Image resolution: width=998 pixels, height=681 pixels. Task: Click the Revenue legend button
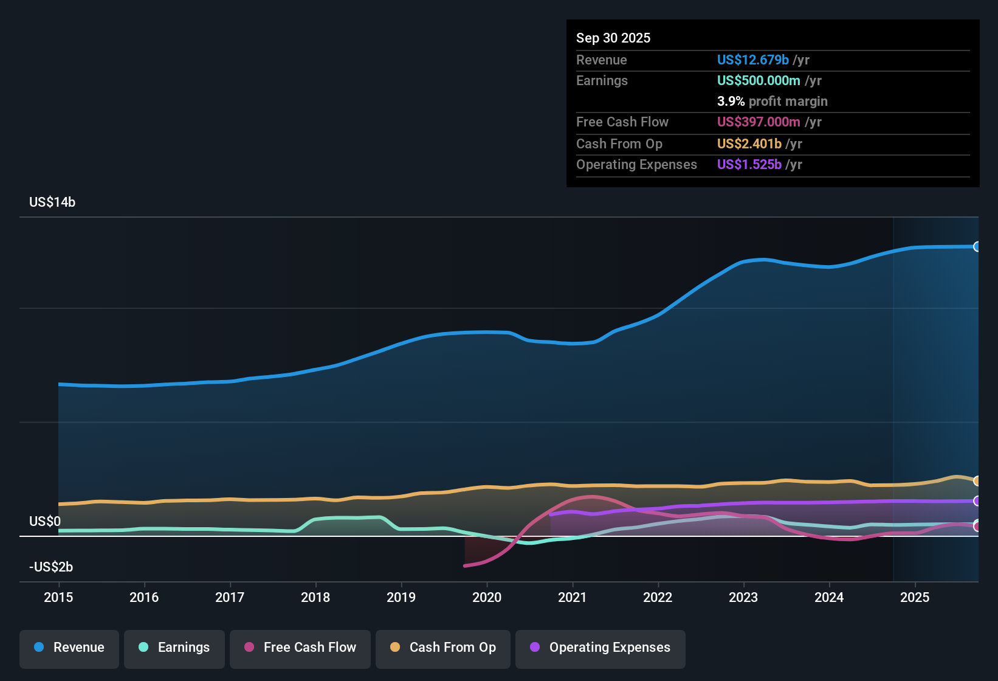pyautogui.click(x=69, y=648)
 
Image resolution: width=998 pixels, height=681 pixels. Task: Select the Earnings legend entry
pyautogui.click(x=174, y=648)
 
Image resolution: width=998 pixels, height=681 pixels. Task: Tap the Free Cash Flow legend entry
pyautogui.click(x=300, y=648)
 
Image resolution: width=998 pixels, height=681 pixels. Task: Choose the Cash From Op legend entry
pyautogui.click(x=443, y=648)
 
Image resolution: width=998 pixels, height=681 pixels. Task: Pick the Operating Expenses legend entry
pyautogui.click(x=601, y=648)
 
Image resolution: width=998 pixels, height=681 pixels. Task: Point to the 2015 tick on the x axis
pyautogui.click(x=58, y=597)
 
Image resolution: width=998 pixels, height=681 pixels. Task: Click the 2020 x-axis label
pyautogui.click(x=487, y=597)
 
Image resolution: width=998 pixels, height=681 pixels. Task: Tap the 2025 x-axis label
pyautogui.click(x=915, y=597)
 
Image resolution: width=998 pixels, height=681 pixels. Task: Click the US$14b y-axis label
pyautogui.click(x=52, y=202)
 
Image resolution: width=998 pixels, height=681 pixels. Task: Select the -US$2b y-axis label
pyautogui.click(x=51, y=567)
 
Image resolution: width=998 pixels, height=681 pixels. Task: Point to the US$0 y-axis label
pyautogui.click(x=45, y=522)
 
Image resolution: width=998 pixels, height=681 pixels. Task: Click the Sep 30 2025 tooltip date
pyautogui.click(x=613, y=38)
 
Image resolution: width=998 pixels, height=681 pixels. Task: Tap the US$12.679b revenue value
pyautogui.click(x=752, y=60)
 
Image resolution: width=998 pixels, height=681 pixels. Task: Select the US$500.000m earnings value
pyautogui.click(x=758, y=81)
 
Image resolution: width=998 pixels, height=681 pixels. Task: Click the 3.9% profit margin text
pyautogui.click(x=772, y=102)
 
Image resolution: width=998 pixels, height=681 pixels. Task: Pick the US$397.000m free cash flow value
pyautogui.click(x=758, y=122)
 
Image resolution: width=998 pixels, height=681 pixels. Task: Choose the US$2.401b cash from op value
pyautogui.click(x=749, y=144)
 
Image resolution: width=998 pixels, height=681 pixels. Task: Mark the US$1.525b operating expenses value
pyautogui.click(x=749, y=165)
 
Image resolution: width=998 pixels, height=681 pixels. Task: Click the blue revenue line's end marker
pyautogui.click(x=977, y=246)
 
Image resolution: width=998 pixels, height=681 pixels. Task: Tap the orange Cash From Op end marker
pyautogui.click(x=977, y=481)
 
